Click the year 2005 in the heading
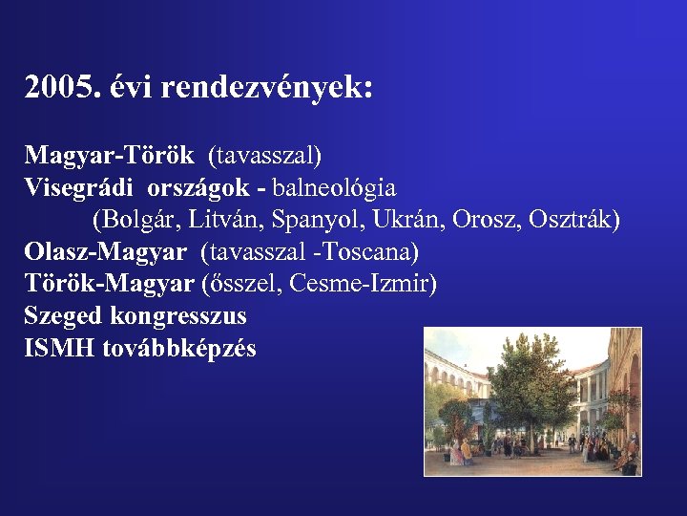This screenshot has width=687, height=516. (x=58, y=88)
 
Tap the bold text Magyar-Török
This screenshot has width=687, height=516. (x=109, y=155)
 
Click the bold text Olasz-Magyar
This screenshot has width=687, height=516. (x=106, y=252)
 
